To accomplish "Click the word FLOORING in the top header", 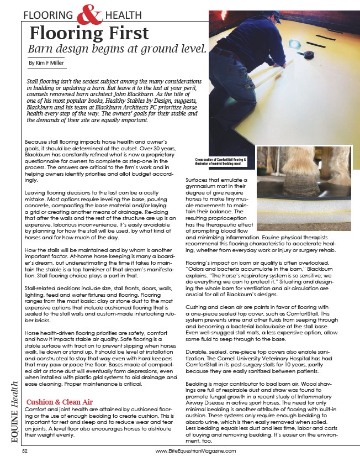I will coord(50,15).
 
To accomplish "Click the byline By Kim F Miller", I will coord(46,63).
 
